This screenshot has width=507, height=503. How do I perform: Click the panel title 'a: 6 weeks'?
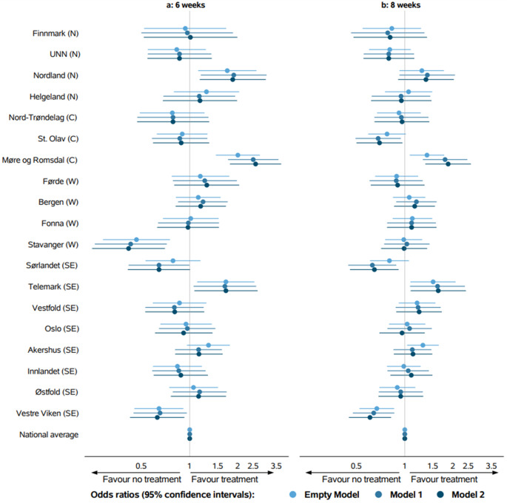(186, 5)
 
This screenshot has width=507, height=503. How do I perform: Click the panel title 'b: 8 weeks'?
(400, 5)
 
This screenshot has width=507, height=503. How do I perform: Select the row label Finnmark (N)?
(56, 33)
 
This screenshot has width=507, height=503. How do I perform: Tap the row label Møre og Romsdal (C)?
(40, 160)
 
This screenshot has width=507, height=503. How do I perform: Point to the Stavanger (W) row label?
(53, 245)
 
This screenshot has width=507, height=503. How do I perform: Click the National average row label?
(49, 434)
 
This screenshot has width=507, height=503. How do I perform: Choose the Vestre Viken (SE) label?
(47, 413)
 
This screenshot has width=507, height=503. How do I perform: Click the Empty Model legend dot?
(293, 495)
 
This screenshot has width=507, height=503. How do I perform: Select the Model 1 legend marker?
(379, 495)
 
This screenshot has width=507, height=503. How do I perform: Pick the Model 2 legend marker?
(440, 495)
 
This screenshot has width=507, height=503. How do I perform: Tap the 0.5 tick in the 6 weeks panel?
(141, 466)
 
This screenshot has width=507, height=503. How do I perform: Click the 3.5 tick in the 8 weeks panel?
(491, 466)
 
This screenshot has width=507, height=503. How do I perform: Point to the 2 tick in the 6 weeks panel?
(238, 466)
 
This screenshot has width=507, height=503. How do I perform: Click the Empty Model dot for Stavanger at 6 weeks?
(136, 240)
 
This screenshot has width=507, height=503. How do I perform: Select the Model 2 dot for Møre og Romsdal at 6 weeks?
(255, 164)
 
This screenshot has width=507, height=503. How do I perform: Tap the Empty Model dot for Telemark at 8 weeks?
(433, 282)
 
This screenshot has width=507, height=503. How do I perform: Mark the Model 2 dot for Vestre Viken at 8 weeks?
(370, 417)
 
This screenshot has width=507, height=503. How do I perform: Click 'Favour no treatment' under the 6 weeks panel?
(142, 479)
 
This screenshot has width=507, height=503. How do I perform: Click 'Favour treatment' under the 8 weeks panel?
(444, 479)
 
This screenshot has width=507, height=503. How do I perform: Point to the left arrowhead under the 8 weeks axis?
(309, 473)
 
